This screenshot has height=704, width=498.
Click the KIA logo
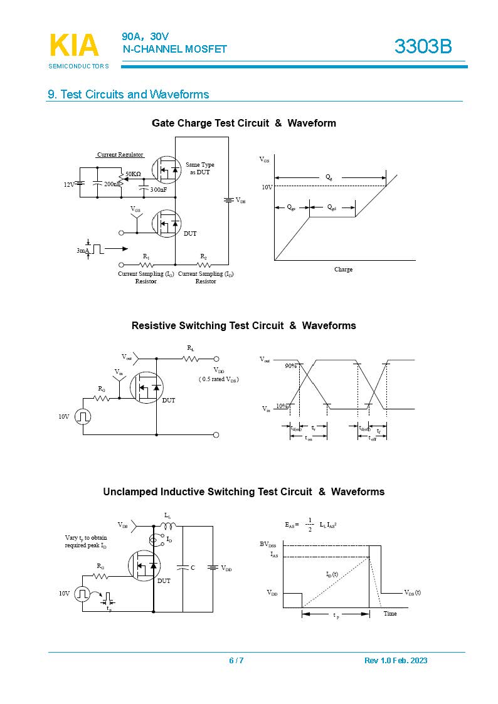73,46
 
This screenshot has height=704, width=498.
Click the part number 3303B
423,46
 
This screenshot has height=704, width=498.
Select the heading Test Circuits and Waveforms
129,95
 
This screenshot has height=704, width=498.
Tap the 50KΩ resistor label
133,174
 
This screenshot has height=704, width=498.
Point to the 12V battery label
69,184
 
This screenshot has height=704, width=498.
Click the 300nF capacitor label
158,189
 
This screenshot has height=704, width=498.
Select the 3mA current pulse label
83,250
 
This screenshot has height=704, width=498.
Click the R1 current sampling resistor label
146,257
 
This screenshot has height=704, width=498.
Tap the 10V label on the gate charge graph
267,187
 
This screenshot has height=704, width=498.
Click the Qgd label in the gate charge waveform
332,208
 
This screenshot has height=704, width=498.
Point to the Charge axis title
343,270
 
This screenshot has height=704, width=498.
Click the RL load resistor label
190,347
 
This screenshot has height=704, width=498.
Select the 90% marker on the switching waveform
290,365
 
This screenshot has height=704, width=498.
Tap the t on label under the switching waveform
308,439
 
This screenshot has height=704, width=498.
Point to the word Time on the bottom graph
390,613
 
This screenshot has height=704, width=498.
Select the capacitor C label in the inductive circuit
193,568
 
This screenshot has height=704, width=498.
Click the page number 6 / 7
236,660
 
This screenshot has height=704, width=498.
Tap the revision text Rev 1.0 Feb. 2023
396,660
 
